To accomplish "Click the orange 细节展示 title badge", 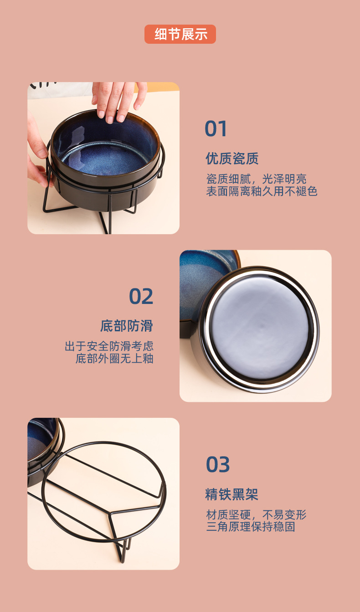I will pos(180,34).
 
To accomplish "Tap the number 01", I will pos(216,129).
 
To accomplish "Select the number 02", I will pos(141,297).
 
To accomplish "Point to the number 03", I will pos(218,465).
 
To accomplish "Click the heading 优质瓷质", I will pos(232,159).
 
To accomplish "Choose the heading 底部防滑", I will pos(127,326).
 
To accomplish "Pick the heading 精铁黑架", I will pos(232,494).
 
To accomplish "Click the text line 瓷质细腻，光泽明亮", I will pos(256,179).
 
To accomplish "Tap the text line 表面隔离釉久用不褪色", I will pos(262,191).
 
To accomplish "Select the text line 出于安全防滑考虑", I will pos(109,346).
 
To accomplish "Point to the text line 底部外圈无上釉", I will pos(114,359).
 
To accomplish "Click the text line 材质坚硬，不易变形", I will pos(256,515).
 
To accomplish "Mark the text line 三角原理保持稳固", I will pos(251,527).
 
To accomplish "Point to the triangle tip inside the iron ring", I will pos(111,514).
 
